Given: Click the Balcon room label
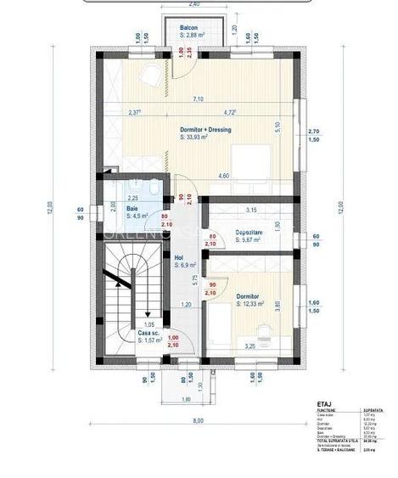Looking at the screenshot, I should pos(189,29).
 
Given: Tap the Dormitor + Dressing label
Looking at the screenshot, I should pos(205,130).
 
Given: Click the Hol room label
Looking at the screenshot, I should pos(179,257).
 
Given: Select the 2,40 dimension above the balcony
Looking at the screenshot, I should pos(194,5).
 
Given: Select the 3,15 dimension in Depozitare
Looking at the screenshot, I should pos(250,210).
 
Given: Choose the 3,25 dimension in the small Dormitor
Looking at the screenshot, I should pos(249,347).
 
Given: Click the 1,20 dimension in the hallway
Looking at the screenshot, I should pos(186,304).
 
